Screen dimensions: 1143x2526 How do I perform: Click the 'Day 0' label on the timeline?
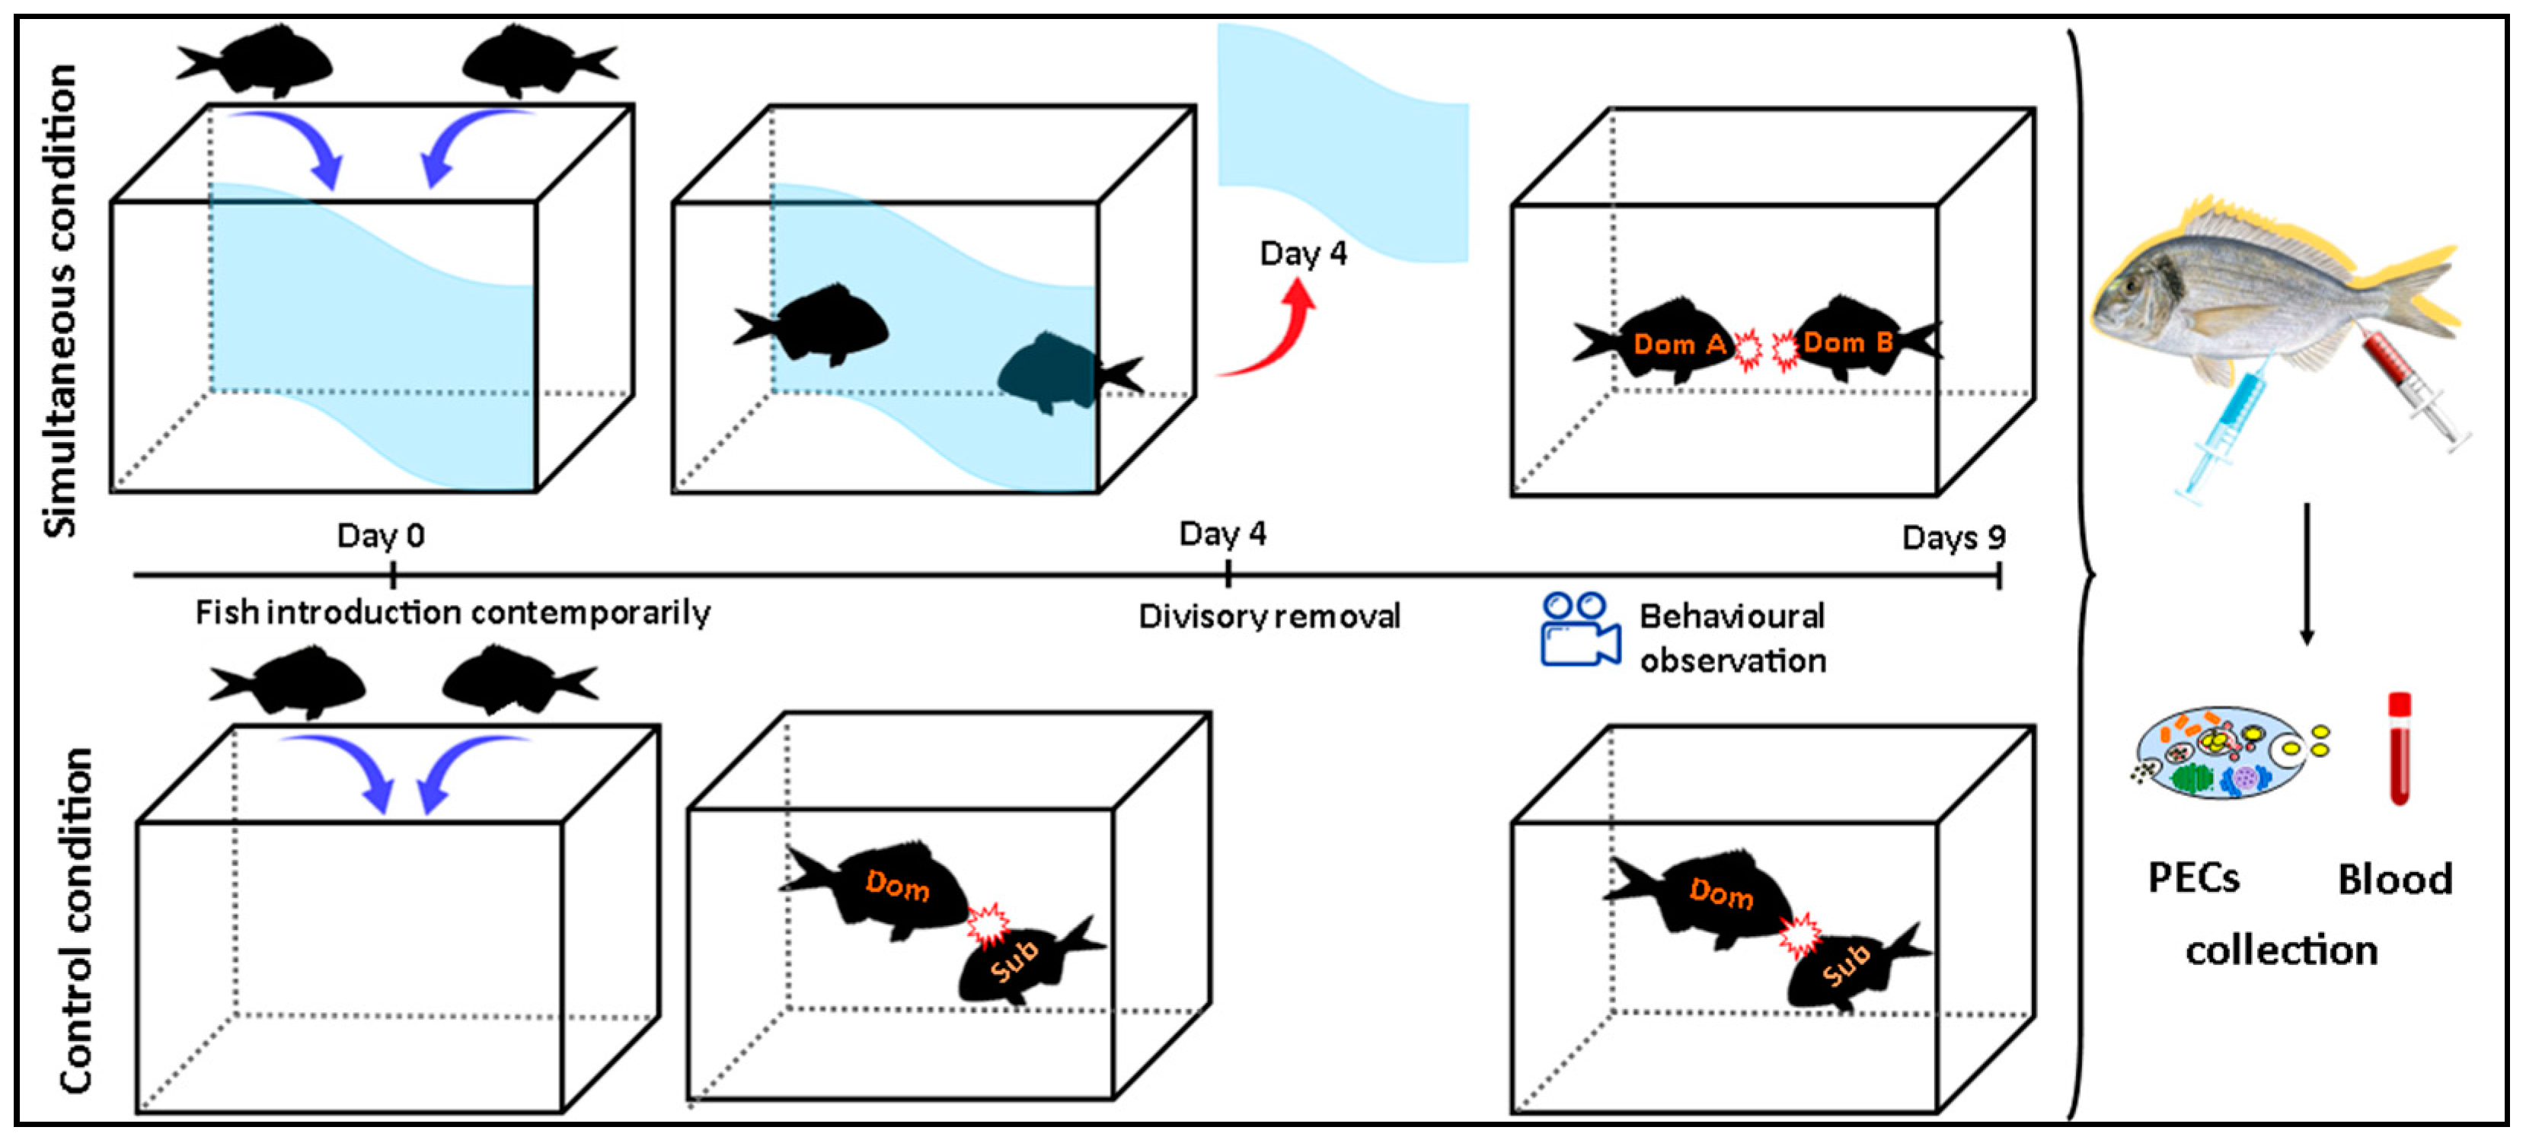click(x=381, y=535)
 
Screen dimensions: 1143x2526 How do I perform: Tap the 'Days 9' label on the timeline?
click(x=1953, y=537)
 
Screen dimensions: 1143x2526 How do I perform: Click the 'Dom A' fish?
click(x=1667, y=343)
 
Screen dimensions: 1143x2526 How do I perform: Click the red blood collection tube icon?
click(x=2399, y=749)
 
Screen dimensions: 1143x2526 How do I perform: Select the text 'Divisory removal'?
click(x=1269, y=616)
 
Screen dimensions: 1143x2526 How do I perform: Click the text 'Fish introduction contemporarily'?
click(x=452, y=613)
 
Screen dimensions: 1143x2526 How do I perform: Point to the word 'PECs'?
click(x=2192, y=877)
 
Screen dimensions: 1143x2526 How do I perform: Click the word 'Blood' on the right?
click(x=2394, y=879)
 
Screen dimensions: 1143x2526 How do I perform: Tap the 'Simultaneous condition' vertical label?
click(x=61, y=300)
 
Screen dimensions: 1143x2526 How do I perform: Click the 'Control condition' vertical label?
click(x=76, y=919)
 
